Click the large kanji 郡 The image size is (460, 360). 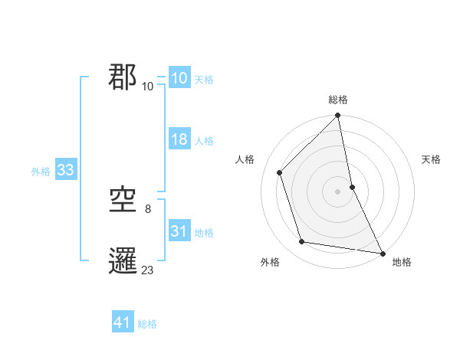(123, 77)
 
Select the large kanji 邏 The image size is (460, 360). (123, 261)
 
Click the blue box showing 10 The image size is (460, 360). (179, 78)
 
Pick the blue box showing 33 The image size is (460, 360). (65, 170)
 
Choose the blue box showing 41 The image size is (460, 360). (123, 322)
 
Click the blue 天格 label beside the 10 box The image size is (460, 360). (204, 80)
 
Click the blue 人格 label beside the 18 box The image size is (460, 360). (204, 141)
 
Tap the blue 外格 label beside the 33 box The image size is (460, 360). (41, 172)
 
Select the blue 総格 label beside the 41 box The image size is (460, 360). (147, 324)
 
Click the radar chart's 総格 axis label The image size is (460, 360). (338, 100)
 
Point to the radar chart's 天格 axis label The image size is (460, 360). (431, 159)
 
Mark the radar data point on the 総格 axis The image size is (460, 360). (338, 116)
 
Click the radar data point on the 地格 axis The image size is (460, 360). (381, 252)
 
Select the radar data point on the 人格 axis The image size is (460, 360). (280, 172)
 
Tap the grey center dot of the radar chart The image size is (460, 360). (338, 191)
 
